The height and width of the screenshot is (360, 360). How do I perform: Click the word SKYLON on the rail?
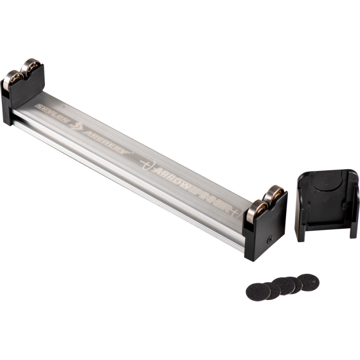(x=52, y=113)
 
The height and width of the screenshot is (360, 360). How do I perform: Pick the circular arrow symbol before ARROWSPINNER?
(x=148, y=164)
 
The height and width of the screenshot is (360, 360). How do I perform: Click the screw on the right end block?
(x=270, y=240)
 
